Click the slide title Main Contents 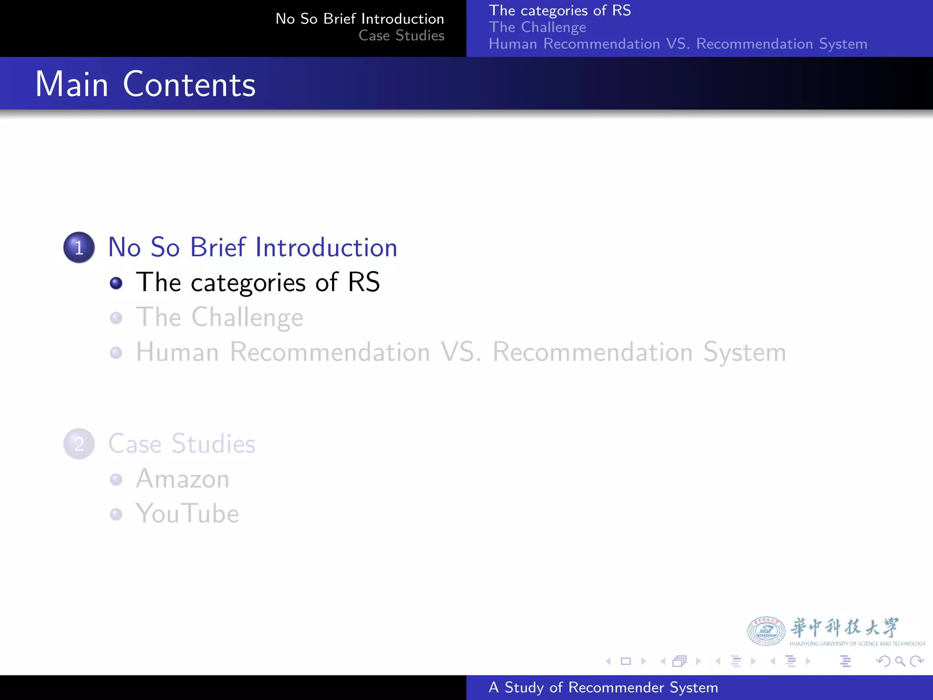tap(145, 84)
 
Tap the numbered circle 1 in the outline tap(79, 247)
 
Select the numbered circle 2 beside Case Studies tap(79, 444)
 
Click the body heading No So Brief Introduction tap(252, 247)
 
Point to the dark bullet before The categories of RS tap(116, 283)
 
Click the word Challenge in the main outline tap(247, 318)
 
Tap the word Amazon tap(182, 479)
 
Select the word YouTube tap(187, 514)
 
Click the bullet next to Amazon tap(116, 479)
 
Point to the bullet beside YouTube tap(116, 514)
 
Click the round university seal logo tap(766, 631)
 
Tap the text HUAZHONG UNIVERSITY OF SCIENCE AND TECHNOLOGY tap(857, 643)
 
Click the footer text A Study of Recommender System tap(603, 687)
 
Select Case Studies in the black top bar tap(401, 36)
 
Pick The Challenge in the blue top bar tap(537, 27)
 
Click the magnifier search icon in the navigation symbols tap(900, 661)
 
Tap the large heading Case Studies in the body tap(182, 444)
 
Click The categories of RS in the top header tap(559, 10)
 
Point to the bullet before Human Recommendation tap(116, 353)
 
